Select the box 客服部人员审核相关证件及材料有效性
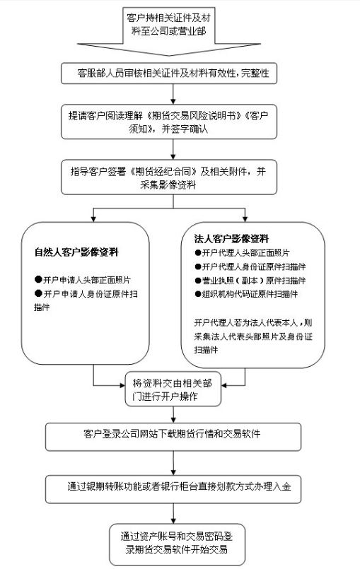click(174, 73)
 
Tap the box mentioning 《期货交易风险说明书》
click(174, 121)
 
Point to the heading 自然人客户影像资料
click(76, 252)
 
